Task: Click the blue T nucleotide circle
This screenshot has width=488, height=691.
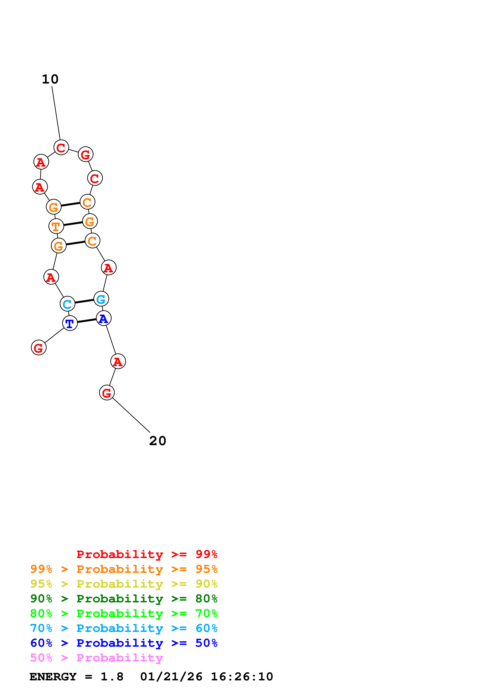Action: point(70,323)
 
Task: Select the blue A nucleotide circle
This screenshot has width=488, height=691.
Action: point(103,318)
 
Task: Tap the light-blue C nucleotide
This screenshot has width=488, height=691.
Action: point(67,304)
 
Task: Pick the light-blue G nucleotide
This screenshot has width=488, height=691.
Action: point(101,299)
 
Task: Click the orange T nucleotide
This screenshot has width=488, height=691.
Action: point(56,226)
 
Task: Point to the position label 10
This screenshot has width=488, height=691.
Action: point(50,79)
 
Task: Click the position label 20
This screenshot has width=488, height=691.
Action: point(157,441)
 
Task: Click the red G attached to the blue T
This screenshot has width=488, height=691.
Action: point(39,348)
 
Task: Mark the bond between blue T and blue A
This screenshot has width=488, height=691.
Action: point(87,320)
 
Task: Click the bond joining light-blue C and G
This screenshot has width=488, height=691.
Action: point(84,301)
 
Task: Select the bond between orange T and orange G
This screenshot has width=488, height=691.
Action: point(73,224)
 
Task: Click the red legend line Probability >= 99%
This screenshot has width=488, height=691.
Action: point(147,554)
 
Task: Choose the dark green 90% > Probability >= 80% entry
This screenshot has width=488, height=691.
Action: point(124,599)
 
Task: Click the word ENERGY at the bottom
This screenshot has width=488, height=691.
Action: point(53,677)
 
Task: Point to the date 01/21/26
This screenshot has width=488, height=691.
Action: point(171,677)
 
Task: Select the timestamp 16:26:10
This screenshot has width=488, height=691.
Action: point(242,677)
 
